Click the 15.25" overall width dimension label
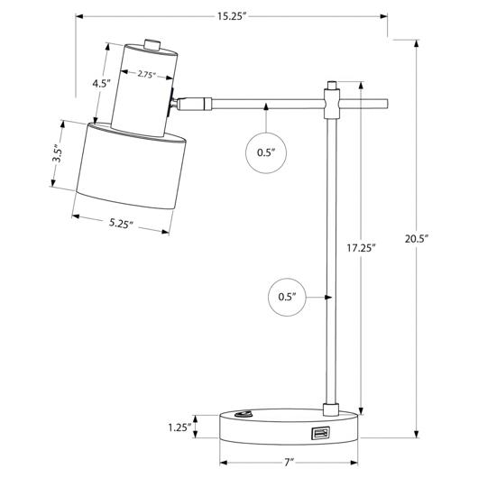click(x=232, y=16)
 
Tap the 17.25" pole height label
click(x=361, y=248)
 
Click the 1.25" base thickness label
click(x=179, y=427)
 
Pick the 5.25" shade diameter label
click(x=121, y=224)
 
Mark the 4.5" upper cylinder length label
click(x=101, y=83)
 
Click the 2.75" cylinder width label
click(x=147, y=74)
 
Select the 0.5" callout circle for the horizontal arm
click(x=266, y=152)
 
